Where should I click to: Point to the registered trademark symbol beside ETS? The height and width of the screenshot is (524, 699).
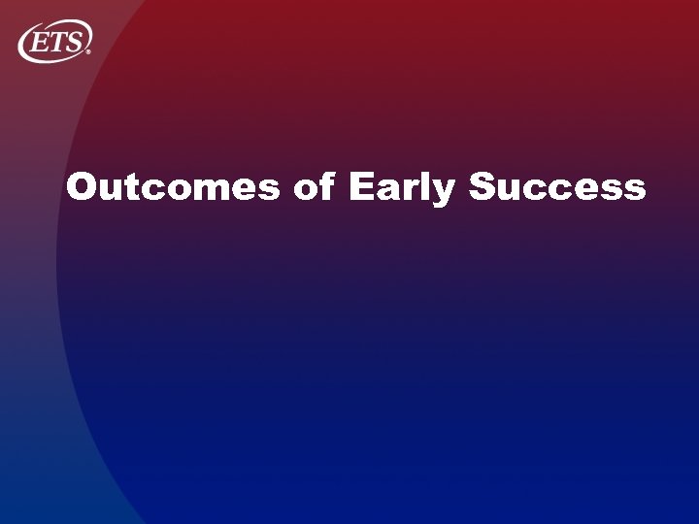tap(89, 51)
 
